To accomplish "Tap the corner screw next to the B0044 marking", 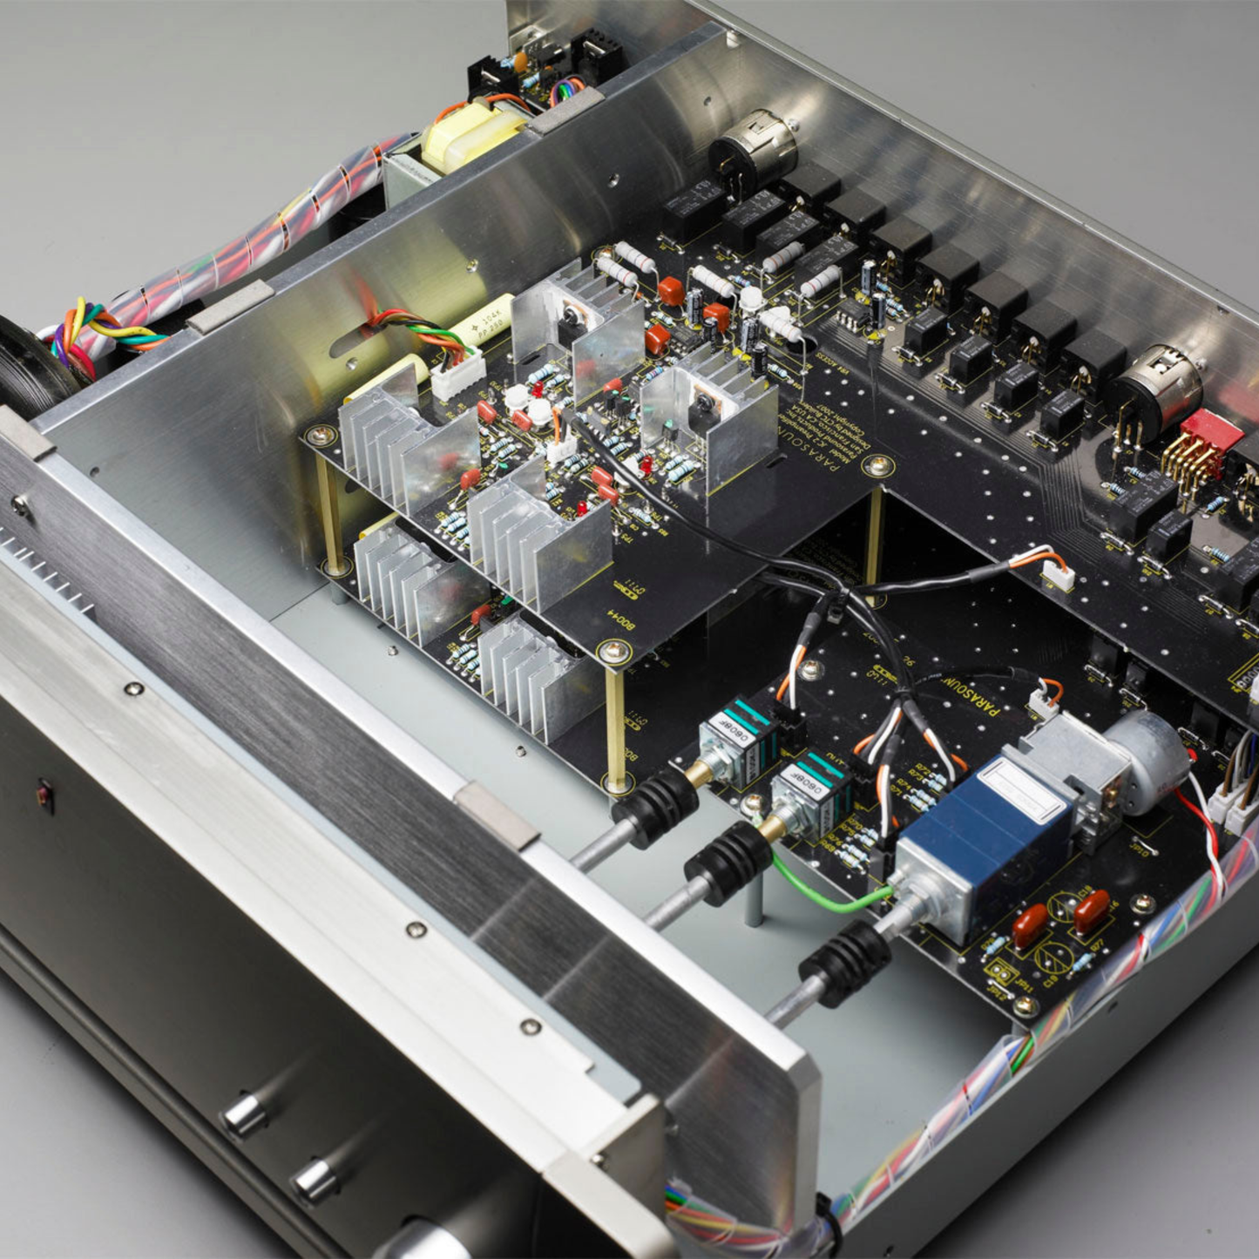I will pyautogui.click(x=614, y=649).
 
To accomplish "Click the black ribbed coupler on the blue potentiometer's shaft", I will pyautogui.click(x=845, y=963).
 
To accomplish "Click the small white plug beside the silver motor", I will pyautogui.click(x=1043, y=702).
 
